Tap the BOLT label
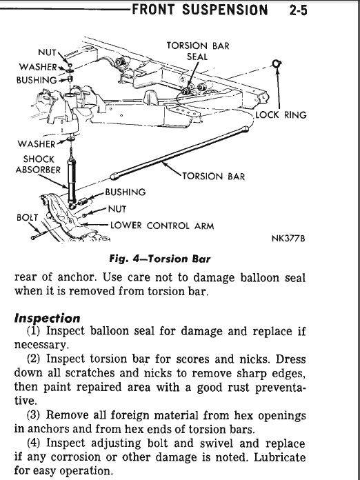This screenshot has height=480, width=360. point(27,217)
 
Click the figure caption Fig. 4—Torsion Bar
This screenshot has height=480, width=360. point(159,260)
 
